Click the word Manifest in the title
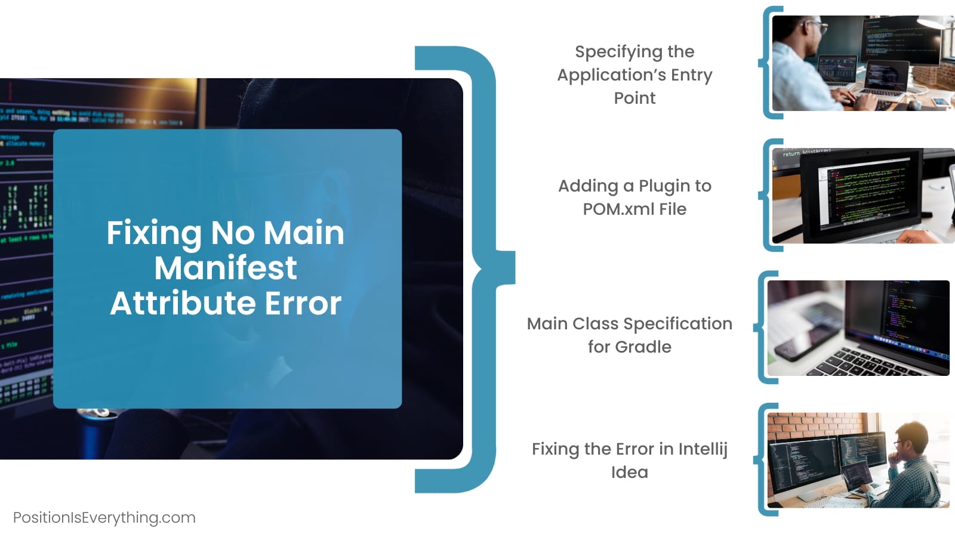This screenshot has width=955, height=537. tap(226, 268)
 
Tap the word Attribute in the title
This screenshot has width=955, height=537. tap(183, 304)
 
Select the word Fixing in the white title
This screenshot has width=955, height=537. tap(153, 234)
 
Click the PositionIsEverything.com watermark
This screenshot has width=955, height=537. tap(104, 518)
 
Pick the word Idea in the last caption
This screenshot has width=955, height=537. tap(630, 472)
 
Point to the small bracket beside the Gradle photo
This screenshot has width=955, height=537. tap(764, 328)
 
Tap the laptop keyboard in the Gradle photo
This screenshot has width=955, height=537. tap(874, 363)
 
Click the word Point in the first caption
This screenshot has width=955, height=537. tap(635, 98)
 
